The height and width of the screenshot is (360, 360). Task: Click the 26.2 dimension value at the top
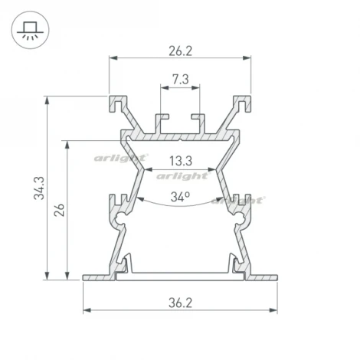pyautogui.click(x=180, y=51)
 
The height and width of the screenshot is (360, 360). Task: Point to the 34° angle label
pyautogui.click(x=180, y=197)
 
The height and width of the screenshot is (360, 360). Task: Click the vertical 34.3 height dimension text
pyautogui.click(x=39, y=188)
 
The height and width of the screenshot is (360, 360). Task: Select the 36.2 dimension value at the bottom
pyautogui.click(x=180, y=303)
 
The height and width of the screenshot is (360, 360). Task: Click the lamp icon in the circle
pyautogui.click(x=29, y=29)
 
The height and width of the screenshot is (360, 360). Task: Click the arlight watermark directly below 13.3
pyautogui.click(x=182, y=175)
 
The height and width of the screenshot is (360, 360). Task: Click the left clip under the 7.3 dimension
pyautogui.click(x=162, y=121)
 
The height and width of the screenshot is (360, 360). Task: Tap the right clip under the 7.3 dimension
pyautogui.click(x=198, y=121)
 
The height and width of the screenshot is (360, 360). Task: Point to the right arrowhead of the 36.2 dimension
pyautogui.click(x=273, y=310)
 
